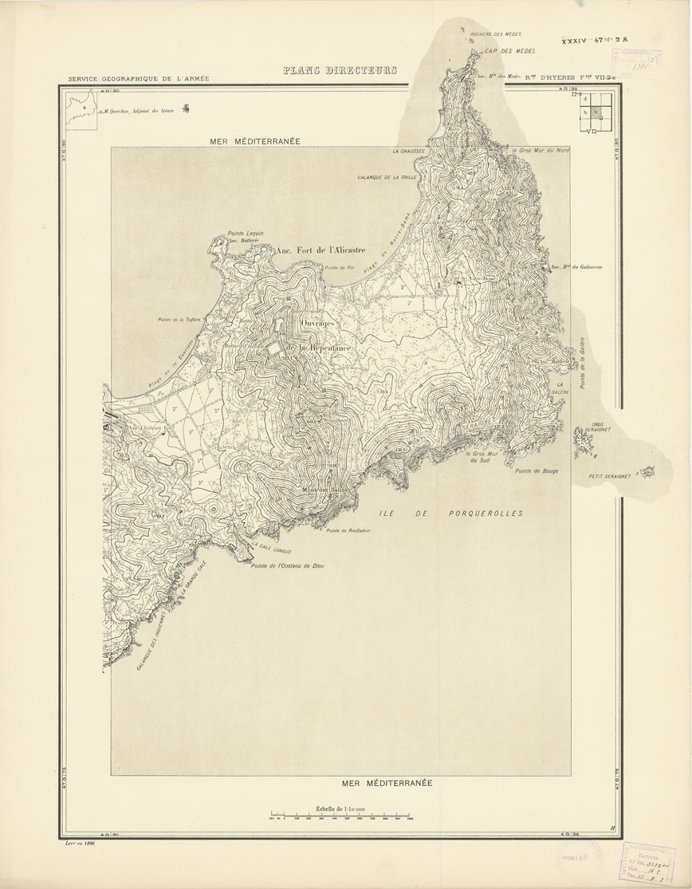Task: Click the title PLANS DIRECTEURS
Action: [x=340, y=71]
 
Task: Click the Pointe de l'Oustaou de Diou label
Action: [x=287, y=566]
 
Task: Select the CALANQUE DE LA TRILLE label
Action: [x=388, y=177]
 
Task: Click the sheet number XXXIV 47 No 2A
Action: [x=595, y=38]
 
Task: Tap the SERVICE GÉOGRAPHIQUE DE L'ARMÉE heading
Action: [x=139, y=78]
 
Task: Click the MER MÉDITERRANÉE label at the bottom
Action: [x=387, y=783]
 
